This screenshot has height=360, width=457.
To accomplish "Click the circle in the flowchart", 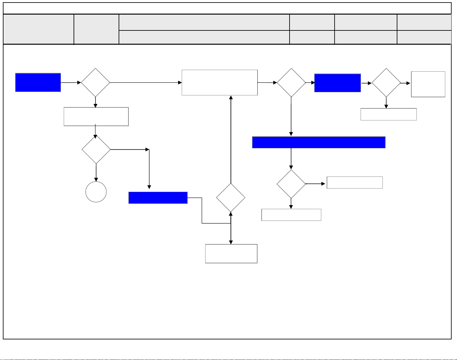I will coord(96,192).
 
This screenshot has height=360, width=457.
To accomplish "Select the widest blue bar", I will coord(319,142).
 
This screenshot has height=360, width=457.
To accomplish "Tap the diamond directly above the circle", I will coord(96,150).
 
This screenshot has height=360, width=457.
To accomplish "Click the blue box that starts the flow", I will coord(38,82).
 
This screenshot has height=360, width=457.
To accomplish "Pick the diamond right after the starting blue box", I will coord(95,82).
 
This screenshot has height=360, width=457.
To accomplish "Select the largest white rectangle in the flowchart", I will coord(219,82).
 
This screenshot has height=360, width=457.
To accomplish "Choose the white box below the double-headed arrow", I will coord(231,254).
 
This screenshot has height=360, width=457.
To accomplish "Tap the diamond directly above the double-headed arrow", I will coord(231,198).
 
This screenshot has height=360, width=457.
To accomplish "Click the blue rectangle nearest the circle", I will coord(158,198).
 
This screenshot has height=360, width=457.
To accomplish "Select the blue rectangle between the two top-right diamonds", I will coord(337,83).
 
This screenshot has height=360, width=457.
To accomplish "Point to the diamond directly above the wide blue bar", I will coord(291,83).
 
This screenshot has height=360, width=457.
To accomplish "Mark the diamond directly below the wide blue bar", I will coord(291,184).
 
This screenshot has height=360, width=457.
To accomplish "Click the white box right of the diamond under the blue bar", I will coord(355,183).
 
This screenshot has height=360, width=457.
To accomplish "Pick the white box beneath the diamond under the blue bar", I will coord(291,215).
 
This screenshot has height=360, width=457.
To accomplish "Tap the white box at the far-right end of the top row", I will coord(428,84).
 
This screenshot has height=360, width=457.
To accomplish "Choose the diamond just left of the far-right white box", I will coord(386,83).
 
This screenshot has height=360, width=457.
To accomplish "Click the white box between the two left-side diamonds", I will coord(96,117).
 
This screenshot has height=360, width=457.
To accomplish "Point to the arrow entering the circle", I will coord(96,173).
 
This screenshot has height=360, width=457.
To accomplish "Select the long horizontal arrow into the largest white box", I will coord(146,82).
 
